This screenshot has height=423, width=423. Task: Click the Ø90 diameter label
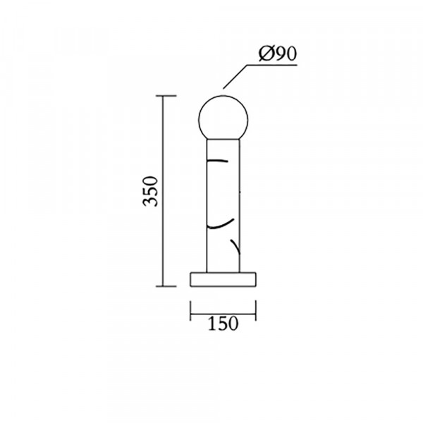click(x=278, y=54)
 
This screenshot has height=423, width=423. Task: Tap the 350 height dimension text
click(x=150, y=191)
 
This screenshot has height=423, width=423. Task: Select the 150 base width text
click(x=223, y=324)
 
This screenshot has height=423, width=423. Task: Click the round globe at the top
click(x=223, y=118)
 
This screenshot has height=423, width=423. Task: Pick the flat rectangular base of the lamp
click(x=223, y=279)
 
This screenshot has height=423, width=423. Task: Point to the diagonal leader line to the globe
click(x=235, y=77)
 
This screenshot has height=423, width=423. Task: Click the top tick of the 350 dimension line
click(x=166, y=96)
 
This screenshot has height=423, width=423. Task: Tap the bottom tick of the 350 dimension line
click(x=166, y=286)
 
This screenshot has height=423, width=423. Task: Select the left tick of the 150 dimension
click(x=190, y=310)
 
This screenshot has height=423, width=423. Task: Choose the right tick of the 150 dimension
click(x=256, y=310)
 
